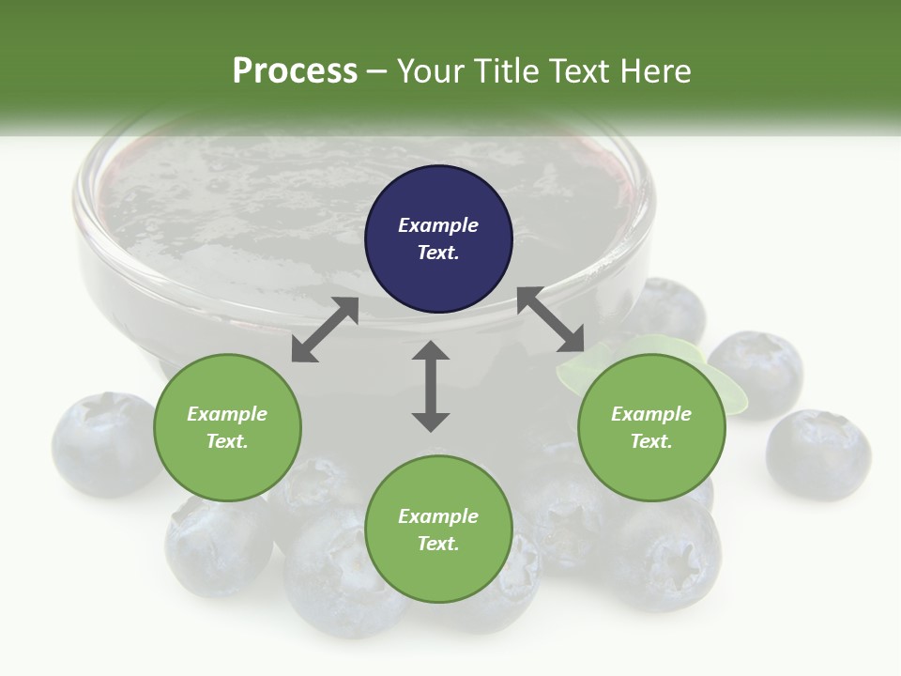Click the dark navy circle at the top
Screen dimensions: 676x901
438,239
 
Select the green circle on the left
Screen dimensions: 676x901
227,427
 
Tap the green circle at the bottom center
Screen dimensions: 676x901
438,530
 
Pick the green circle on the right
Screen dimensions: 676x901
651,427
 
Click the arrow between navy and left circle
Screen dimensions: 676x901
325,330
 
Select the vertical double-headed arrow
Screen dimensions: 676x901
431,386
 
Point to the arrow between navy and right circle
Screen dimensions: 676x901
551,320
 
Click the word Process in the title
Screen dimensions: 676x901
295,70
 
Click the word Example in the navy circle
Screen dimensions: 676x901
438,225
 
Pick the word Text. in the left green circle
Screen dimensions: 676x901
227,441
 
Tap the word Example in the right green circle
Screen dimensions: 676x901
651,414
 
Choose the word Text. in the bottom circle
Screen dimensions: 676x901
438,544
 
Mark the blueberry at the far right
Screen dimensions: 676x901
818,454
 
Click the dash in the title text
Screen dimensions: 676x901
377,70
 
